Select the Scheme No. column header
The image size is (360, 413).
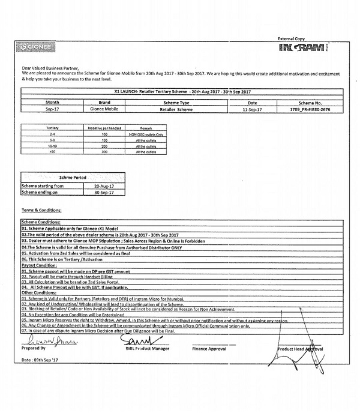point(310,103)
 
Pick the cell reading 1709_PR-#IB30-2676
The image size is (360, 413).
point(310,110)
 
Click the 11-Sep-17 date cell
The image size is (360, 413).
point(252,110)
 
